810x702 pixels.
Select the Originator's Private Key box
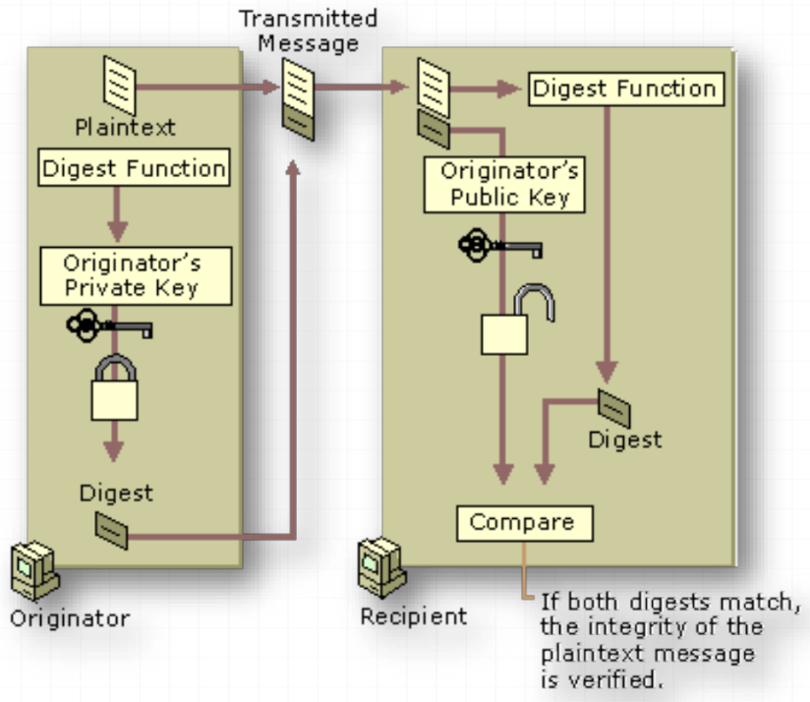click(133, 275)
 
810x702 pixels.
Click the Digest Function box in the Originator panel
click(134, 168)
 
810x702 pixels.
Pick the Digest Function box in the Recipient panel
click(626, 89)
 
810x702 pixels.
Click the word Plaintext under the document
click(125, 128)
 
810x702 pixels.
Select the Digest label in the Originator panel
click(116, 492)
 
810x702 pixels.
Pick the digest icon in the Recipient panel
click(613, 406)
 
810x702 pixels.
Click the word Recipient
click(413, 617)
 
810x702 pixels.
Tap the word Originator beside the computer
click(69, 619)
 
